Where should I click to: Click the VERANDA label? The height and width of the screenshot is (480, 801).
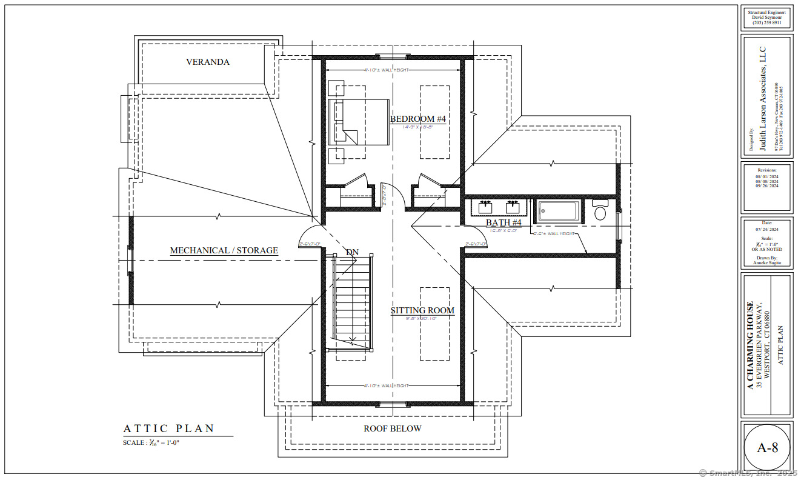coord(208,62)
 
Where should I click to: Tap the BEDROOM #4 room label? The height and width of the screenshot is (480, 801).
coord(418,119)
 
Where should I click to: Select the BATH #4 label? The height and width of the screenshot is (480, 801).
coord(504,223)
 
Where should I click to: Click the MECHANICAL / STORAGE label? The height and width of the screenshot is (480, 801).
coord(224,250)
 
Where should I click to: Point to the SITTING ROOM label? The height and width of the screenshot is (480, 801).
coord(422,310)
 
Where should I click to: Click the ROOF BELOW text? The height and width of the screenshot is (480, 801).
coord(392,428)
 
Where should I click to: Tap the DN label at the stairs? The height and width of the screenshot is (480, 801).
coord(352,252)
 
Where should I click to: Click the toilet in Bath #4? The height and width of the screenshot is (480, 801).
coord(600,210)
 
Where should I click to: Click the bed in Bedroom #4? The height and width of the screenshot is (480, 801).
coord(359,122)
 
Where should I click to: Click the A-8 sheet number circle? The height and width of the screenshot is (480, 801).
coord(767,448)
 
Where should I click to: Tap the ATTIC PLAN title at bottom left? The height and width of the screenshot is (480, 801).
coord(169,428)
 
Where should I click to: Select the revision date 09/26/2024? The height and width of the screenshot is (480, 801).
coord(766,186)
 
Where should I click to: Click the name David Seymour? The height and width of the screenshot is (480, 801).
coord(766,18)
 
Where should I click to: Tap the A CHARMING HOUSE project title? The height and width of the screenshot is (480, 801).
coord(750,345)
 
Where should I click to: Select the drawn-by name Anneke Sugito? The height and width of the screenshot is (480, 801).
coord(766,263)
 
